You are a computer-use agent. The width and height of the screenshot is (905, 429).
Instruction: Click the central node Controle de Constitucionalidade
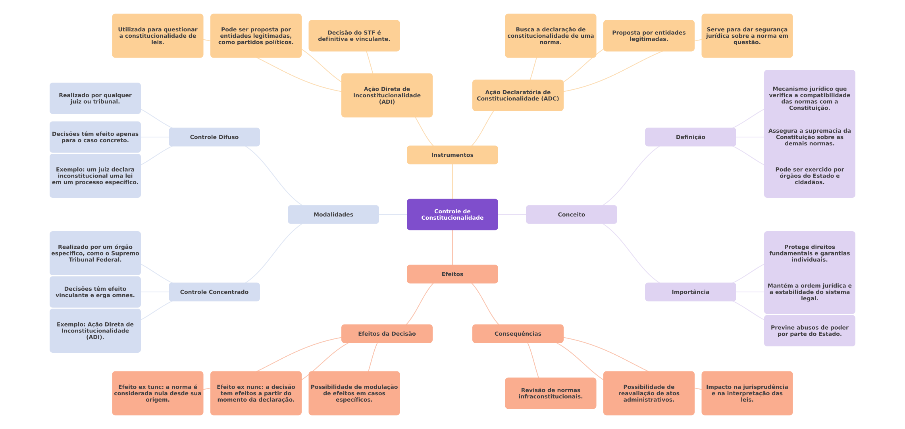[452, 214]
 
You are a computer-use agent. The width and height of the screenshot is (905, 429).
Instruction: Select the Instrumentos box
[452, 155]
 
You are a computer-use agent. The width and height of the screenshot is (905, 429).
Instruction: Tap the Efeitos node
[452, 274]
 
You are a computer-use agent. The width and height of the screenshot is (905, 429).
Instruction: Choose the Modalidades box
[333, 214]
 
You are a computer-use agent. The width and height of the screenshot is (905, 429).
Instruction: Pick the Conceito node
[571, 214]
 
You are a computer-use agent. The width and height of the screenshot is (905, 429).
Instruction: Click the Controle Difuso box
[214, 137]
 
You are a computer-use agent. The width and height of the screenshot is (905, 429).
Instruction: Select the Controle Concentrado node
[214, 292]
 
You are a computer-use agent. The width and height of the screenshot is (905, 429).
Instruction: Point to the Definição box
[690, 137]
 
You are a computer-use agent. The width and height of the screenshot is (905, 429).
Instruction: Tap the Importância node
[690, 292]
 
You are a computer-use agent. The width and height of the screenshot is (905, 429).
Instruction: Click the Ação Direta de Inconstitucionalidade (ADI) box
[387, 95]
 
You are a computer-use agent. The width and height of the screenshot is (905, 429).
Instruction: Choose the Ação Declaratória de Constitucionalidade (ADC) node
[518, 95]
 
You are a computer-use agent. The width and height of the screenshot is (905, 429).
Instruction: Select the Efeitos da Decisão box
[387, 334]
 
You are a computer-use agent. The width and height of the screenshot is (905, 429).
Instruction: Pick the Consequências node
[518, 334]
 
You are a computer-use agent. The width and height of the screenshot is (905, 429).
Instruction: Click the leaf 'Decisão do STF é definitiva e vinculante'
[354, 36]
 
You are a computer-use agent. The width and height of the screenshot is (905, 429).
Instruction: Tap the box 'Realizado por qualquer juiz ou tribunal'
[95, 98]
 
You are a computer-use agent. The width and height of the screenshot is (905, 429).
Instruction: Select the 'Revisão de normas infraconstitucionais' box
[551, 393]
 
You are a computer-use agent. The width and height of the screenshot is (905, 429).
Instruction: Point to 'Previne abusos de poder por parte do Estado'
[809, 330]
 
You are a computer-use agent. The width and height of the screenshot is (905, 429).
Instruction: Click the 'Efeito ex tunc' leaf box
[158, 393]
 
